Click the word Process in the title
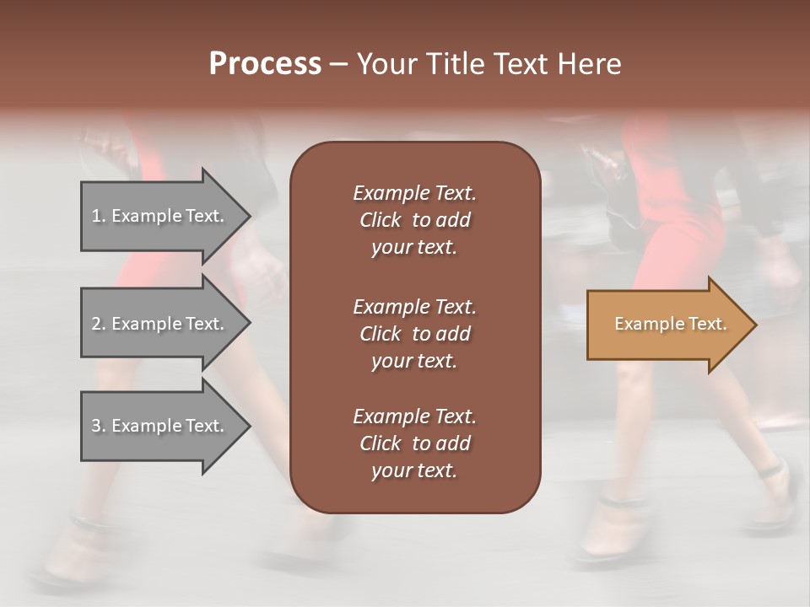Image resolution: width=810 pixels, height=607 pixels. pos(265,64)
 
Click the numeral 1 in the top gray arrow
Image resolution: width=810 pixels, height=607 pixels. pos(95,216)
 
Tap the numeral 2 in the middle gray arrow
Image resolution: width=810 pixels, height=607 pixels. pos(96,324)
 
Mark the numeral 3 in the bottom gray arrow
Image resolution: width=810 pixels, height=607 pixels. pos(96,426)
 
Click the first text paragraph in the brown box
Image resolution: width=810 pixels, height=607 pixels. pos(414,220)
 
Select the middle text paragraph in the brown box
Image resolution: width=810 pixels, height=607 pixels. pos(414,333)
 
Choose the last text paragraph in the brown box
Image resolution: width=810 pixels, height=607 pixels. pos(414,443)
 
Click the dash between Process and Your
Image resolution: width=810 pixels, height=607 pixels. pos(338,65)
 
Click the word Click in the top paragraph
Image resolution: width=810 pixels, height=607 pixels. pos(380,220)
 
